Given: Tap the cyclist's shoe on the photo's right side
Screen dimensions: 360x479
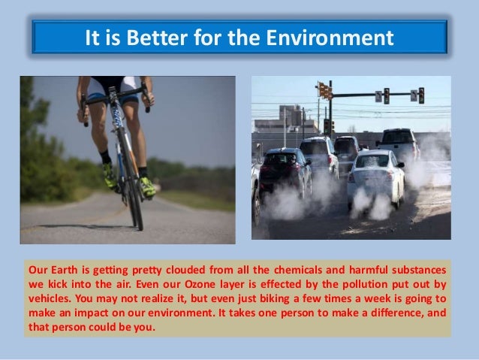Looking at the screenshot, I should tap(147, 185).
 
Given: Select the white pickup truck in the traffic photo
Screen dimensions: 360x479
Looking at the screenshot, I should tap(400, 143).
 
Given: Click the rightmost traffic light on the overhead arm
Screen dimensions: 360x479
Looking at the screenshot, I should tap(421, 95).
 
